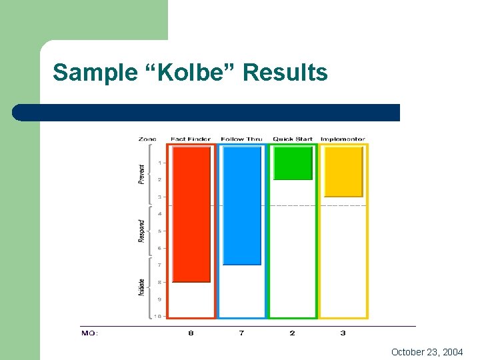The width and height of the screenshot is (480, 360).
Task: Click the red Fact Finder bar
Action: pos(191,214)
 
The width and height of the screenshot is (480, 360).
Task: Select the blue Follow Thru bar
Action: pos(242,205)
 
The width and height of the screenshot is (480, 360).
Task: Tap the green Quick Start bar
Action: pos(293,163)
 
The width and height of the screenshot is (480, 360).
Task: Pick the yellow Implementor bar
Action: pos(343,172)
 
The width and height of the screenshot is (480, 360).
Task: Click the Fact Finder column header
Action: pos(191,139)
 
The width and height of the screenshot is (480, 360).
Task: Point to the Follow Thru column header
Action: pos(241,139)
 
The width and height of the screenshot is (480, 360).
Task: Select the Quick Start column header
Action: pos(293,139)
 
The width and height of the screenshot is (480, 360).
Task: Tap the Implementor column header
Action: pos(343,139)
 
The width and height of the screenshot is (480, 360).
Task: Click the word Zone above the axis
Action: pos(147,139)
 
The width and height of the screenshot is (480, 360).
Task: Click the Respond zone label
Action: pos(141,231)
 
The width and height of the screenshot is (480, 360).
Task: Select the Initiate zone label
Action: pos(141,287)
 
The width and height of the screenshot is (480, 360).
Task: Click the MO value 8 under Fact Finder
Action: pos(191,333)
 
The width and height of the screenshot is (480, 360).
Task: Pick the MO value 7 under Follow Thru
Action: pos(241,333)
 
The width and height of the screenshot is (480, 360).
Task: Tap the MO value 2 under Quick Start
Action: pos(292,333)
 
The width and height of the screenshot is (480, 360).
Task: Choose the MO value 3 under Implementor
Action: pos(343,333)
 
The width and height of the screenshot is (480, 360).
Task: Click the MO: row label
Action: pos(90,333)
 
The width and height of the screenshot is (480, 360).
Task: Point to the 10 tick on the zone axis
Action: pos(158,316)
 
